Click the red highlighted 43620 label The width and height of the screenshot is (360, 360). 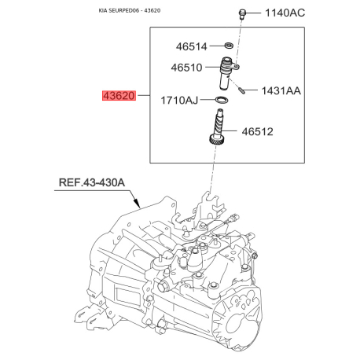(x=119, y=96)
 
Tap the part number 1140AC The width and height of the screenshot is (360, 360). (x=285, y=13)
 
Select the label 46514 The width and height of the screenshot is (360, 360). (x=191, y=46)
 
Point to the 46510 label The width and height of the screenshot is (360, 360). (x=186, y=68)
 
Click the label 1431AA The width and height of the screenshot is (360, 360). (x=281, y=90)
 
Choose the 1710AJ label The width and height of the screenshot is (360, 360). (x=179, y=100)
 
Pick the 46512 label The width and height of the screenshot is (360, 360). (x=257, y=131)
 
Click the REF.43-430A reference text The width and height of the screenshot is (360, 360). (x=92, y=182)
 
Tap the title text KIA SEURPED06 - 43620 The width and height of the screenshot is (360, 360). (x=130, y=11)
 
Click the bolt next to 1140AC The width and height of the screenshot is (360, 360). (x=242, y=13)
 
